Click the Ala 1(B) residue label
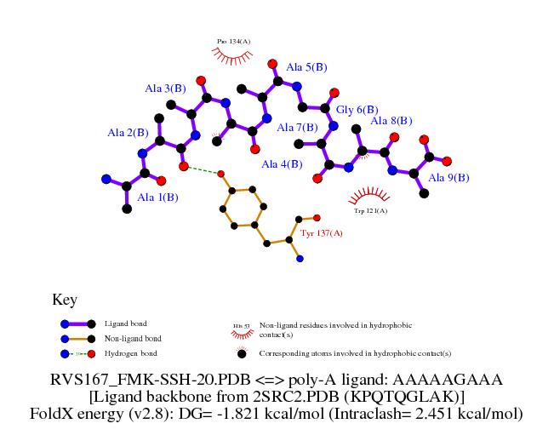click(157, 197)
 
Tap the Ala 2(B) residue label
click(128, 133)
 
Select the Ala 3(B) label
click(165, 89)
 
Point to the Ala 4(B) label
click(282, 164)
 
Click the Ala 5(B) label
click(306, 67)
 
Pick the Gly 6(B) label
click(357, 110)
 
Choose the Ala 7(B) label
click(298, 128)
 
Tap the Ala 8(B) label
click(391, 121)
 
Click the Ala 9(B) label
click(448, 178)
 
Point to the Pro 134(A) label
click(233, 41)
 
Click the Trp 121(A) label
click(370, 210)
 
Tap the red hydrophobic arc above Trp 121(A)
click(370, 195)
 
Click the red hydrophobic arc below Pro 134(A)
click(231, 55)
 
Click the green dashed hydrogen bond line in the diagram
click(203, 170)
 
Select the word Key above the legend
click(65, 300)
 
